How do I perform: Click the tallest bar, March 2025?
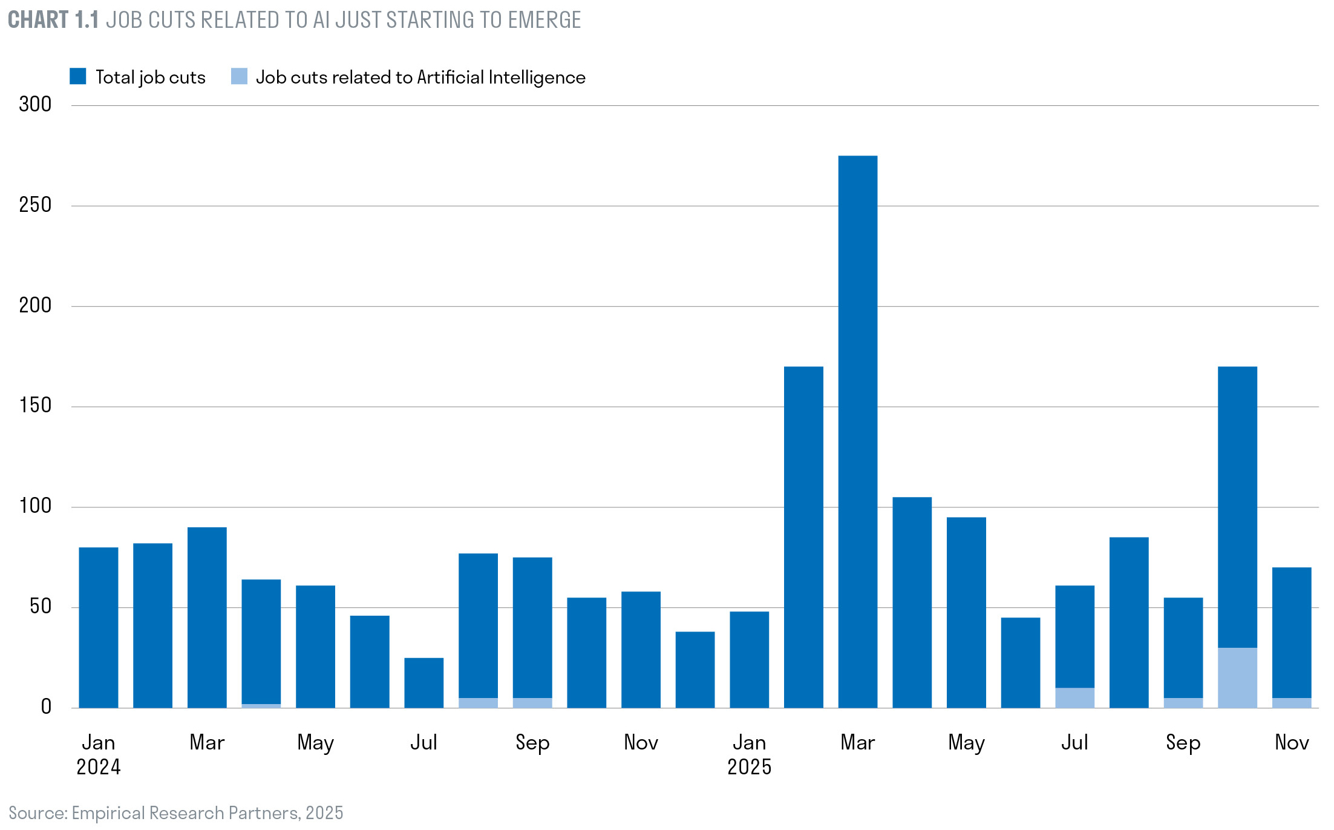click(857, 431)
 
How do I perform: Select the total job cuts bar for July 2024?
click(423, 682)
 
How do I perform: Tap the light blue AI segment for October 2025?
click(1237, 677)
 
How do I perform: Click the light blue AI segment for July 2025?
click(1074, 697)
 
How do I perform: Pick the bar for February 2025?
click(803, 536)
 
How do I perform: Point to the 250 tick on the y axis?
click(35, 205)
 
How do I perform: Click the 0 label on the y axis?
click(46, 706)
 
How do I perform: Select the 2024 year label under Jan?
click(98, 767)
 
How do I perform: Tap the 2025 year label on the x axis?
click(749, 767)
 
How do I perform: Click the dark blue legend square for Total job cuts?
click(78, 76)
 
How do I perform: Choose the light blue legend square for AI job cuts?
click(239, 76)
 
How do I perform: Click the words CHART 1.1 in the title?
click(53, 20)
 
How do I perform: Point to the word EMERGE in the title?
click(544, 20)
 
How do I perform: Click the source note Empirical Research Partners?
click(185, 812)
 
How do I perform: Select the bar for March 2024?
click(207, 617)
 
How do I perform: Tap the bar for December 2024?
click(695, 669)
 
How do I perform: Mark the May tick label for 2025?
click(966, 743)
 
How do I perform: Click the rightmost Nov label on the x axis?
click(1292, 742)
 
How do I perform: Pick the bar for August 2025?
click(1129, 622)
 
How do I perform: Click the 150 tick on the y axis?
click(35, 406)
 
